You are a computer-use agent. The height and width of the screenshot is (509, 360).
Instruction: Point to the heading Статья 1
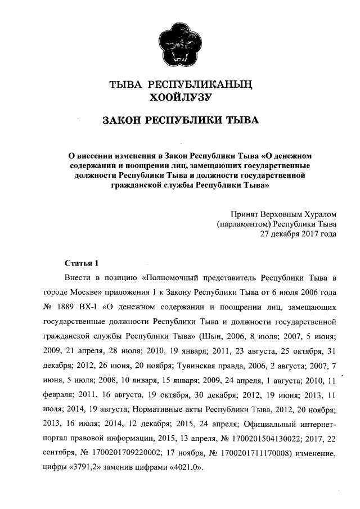point(82,263)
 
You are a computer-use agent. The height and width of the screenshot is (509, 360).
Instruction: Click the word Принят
point(244,214)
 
